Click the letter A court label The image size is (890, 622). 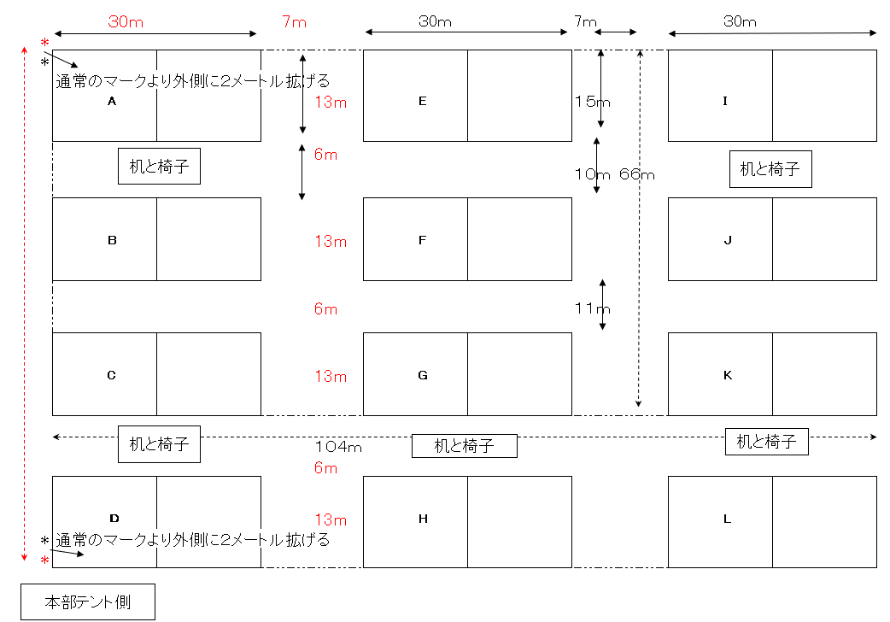[x=111, y=101]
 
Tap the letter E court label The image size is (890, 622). [x=422, y=101]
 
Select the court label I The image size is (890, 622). [x=725, y=101]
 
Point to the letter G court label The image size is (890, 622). [x=422, y=375]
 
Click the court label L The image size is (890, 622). [x=727, y=519]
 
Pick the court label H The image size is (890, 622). [x=422, y=519]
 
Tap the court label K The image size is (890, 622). [x=727, y=375]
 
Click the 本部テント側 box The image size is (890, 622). [x=88, y=601]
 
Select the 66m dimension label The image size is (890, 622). [x=637, y=174]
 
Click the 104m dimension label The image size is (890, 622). [x=339, y=446]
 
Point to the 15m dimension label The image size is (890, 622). [x=593, y=102]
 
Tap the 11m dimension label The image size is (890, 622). [x=592, y=308]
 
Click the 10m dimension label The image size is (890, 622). [x=592, y=174]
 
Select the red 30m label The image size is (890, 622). [x=126, y=22]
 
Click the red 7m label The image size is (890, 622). [x=294, y=22]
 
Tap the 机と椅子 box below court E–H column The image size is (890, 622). [x=465, y=445]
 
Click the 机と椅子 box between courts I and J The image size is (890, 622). [x=770, y=169]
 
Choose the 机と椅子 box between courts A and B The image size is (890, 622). [x=159, y=167]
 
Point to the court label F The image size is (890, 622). [x=422, y=240]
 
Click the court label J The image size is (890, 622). [x=727, y=240]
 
